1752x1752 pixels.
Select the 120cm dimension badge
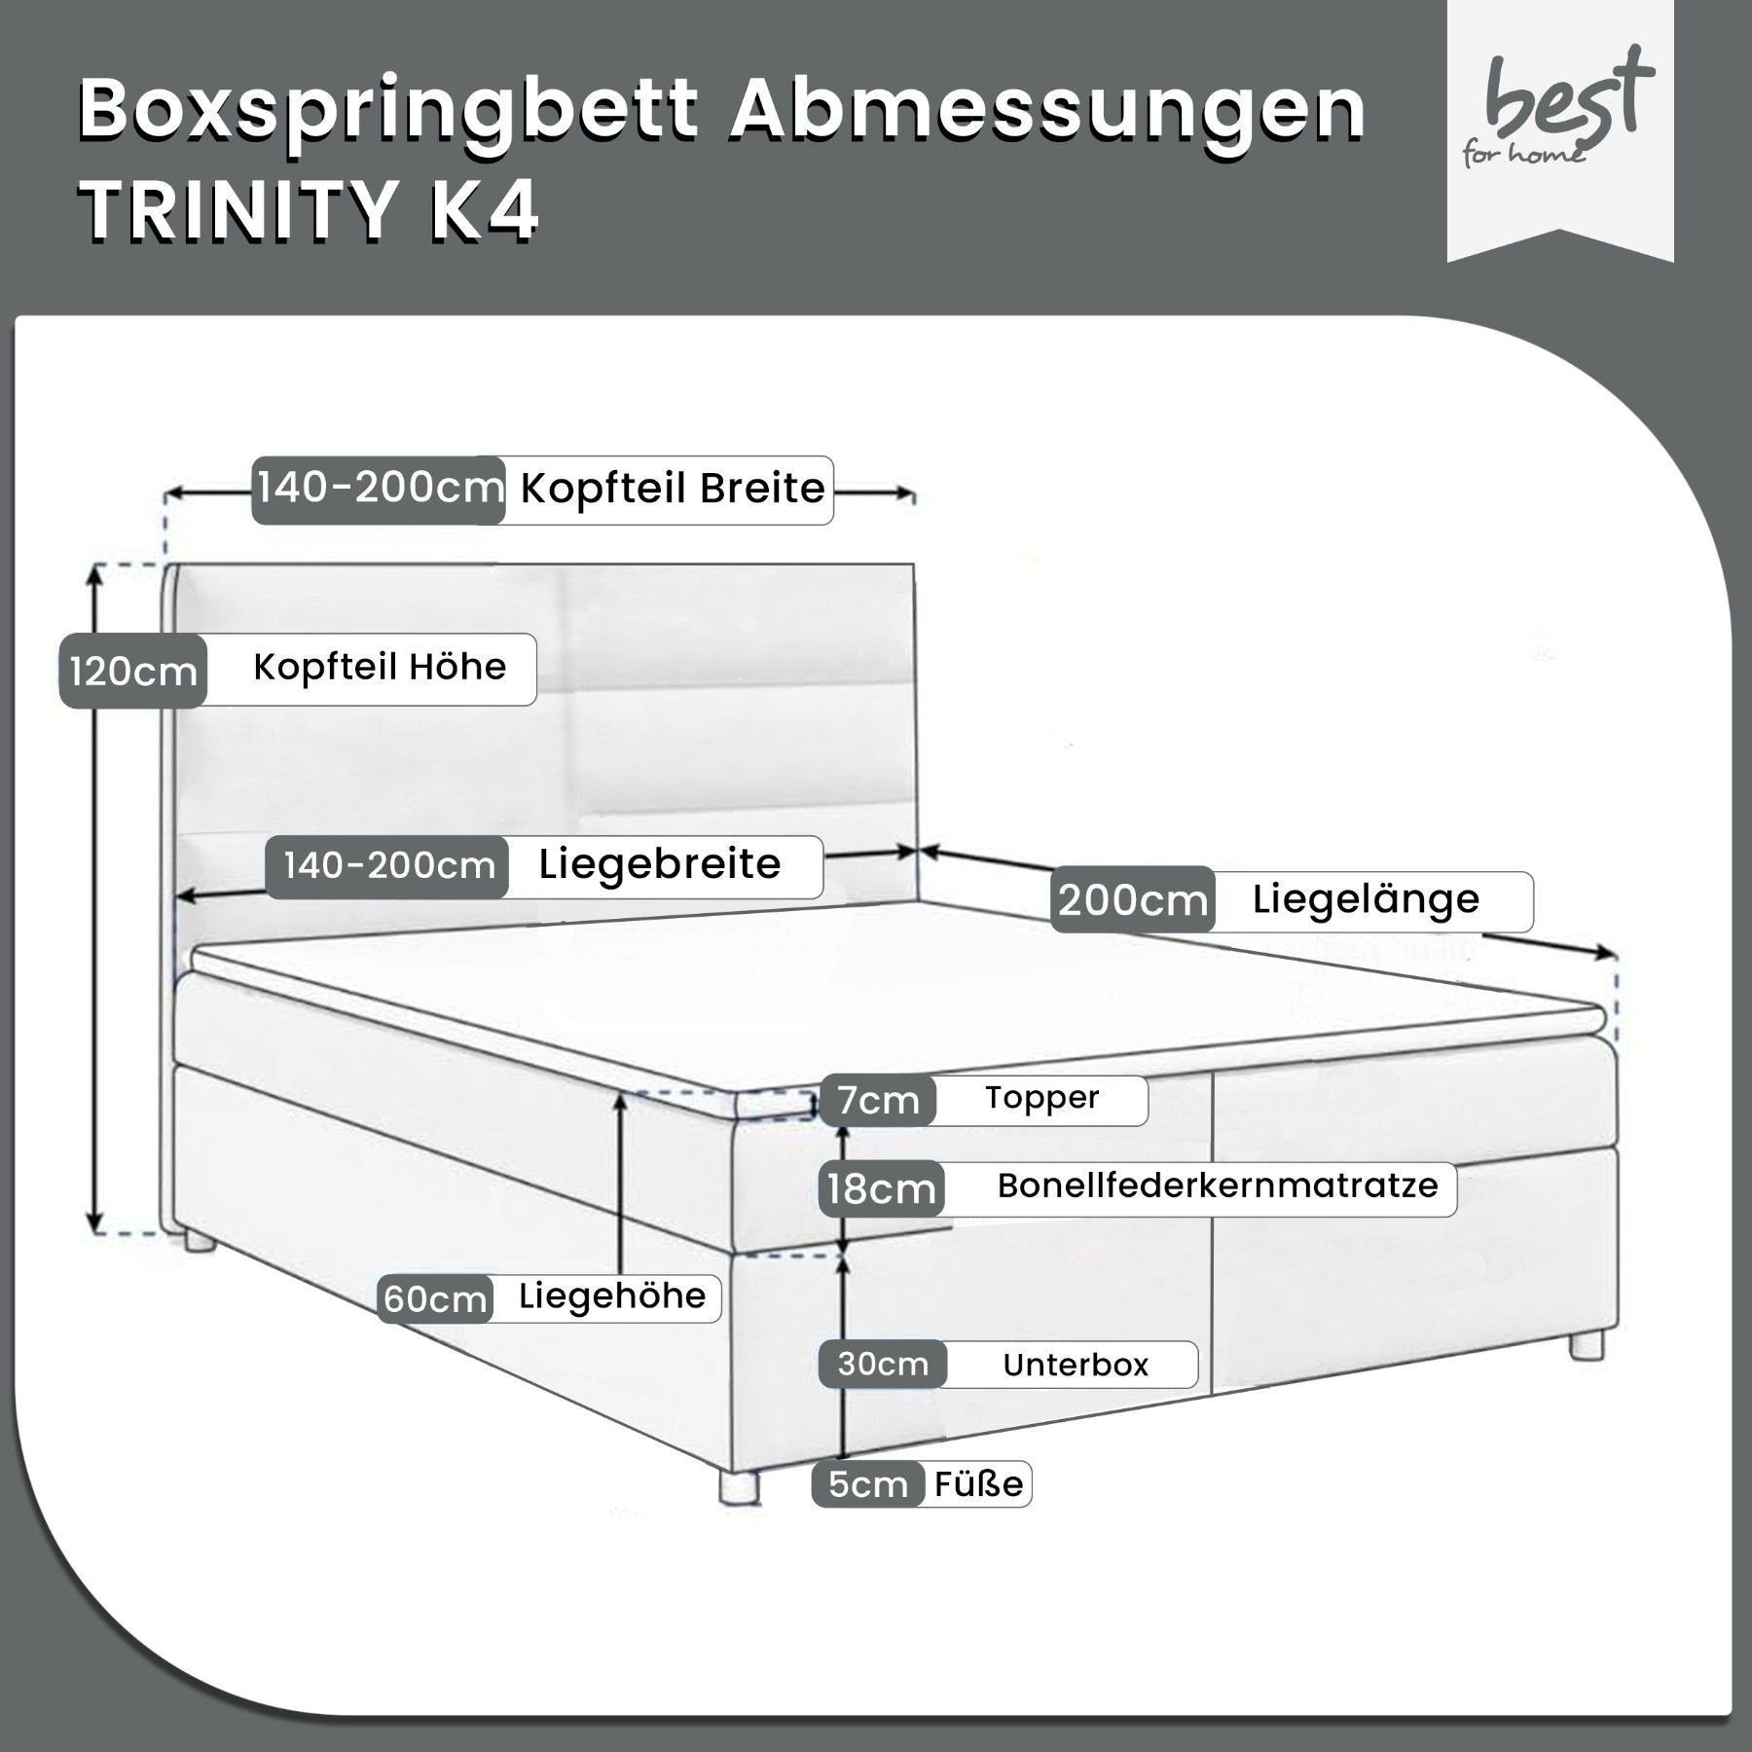(x=133, y=671)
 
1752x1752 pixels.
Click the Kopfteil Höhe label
(x=380, y=668)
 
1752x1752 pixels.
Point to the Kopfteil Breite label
(x=673, y=489)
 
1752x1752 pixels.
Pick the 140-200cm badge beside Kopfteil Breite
(x=379, y=490)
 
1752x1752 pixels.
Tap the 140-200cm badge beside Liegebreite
(x=388, y=866)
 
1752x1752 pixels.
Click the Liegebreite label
(x=660, y=864)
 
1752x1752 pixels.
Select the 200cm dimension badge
(x=1133, y=899)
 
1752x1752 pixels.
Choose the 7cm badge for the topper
(x=878, y=1101)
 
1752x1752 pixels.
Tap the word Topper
(x=1041, y=1098)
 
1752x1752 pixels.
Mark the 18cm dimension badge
(x=882, y=1188)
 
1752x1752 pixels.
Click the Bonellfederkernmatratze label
(x=1218, y=1186)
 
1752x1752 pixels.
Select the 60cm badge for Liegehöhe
(x=435, y=1298)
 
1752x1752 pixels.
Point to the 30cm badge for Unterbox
(x=883, y=1365)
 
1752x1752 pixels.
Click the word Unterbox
(x=1076, y=1365)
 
